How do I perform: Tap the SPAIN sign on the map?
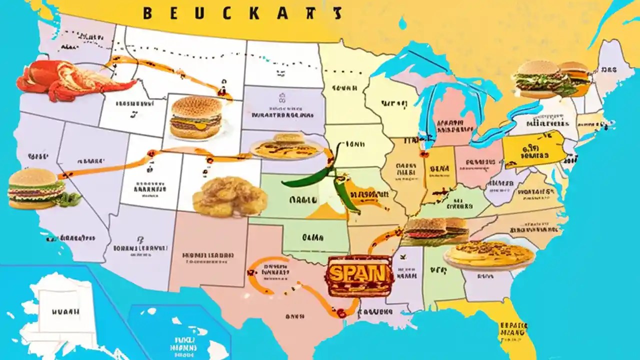[358, 274]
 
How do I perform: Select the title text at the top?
[242, 13]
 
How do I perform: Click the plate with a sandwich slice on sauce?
[286, 146]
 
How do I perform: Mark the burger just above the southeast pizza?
[435, 230]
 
